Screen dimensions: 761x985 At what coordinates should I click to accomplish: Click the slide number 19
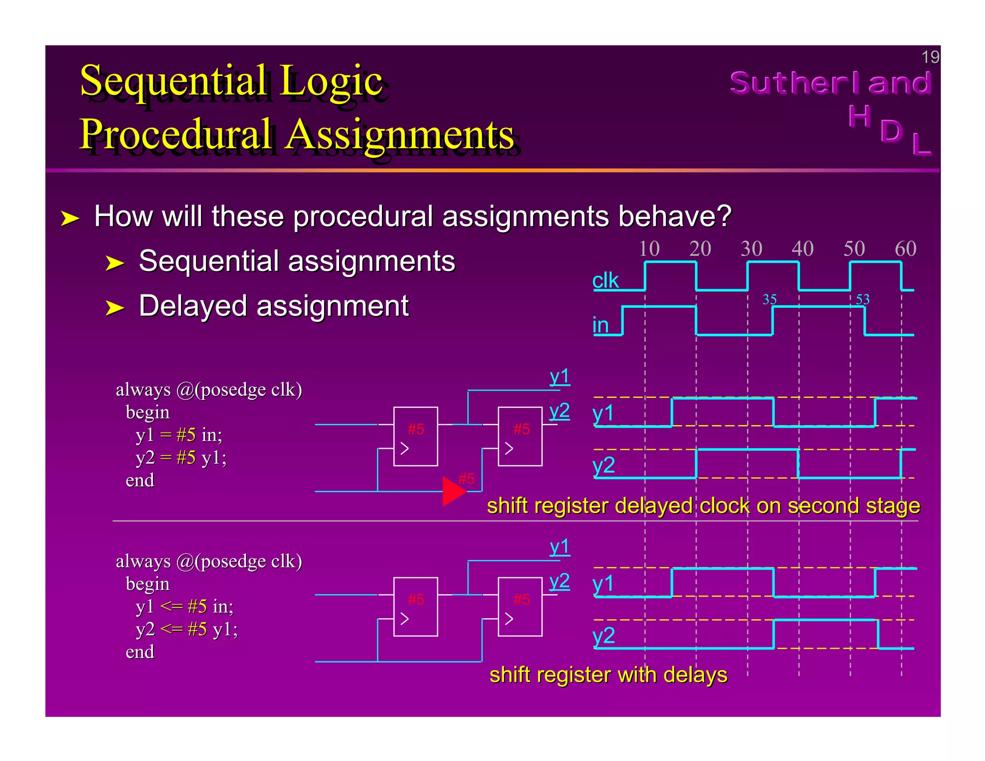coord(930,57)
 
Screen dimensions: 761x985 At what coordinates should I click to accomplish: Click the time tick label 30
coord(751,249)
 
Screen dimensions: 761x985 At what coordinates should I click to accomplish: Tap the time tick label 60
coord(905,249)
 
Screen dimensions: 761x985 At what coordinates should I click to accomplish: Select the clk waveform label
coord(605,280)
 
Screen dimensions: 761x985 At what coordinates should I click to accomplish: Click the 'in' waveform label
coord(600,325)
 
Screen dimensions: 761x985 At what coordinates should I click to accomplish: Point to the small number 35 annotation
coord(770,299)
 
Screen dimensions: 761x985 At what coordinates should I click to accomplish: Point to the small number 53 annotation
coord(862,299)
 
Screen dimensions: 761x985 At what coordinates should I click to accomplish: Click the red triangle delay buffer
coord(453,491)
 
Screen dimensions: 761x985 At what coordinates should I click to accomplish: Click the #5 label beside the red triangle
coord(466,479)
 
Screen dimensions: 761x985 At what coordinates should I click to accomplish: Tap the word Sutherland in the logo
coord(831,83)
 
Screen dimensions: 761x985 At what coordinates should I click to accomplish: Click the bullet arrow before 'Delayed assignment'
coord(114,307)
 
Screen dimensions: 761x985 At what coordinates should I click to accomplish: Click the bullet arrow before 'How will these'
coord(70,218)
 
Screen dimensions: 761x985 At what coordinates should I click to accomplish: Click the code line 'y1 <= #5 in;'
coord(184,607)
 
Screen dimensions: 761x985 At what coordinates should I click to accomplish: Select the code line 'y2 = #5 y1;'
coord(181,457)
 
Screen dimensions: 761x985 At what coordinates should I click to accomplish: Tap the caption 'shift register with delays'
coord(608,674)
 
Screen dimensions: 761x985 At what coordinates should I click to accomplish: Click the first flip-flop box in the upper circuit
coord(415,436)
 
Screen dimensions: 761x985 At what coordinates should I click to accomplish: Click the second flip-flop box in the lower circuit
coord(519,607)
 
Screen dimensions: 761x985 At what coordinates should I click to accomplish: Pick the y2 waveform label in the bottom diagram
coord(603,635)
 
